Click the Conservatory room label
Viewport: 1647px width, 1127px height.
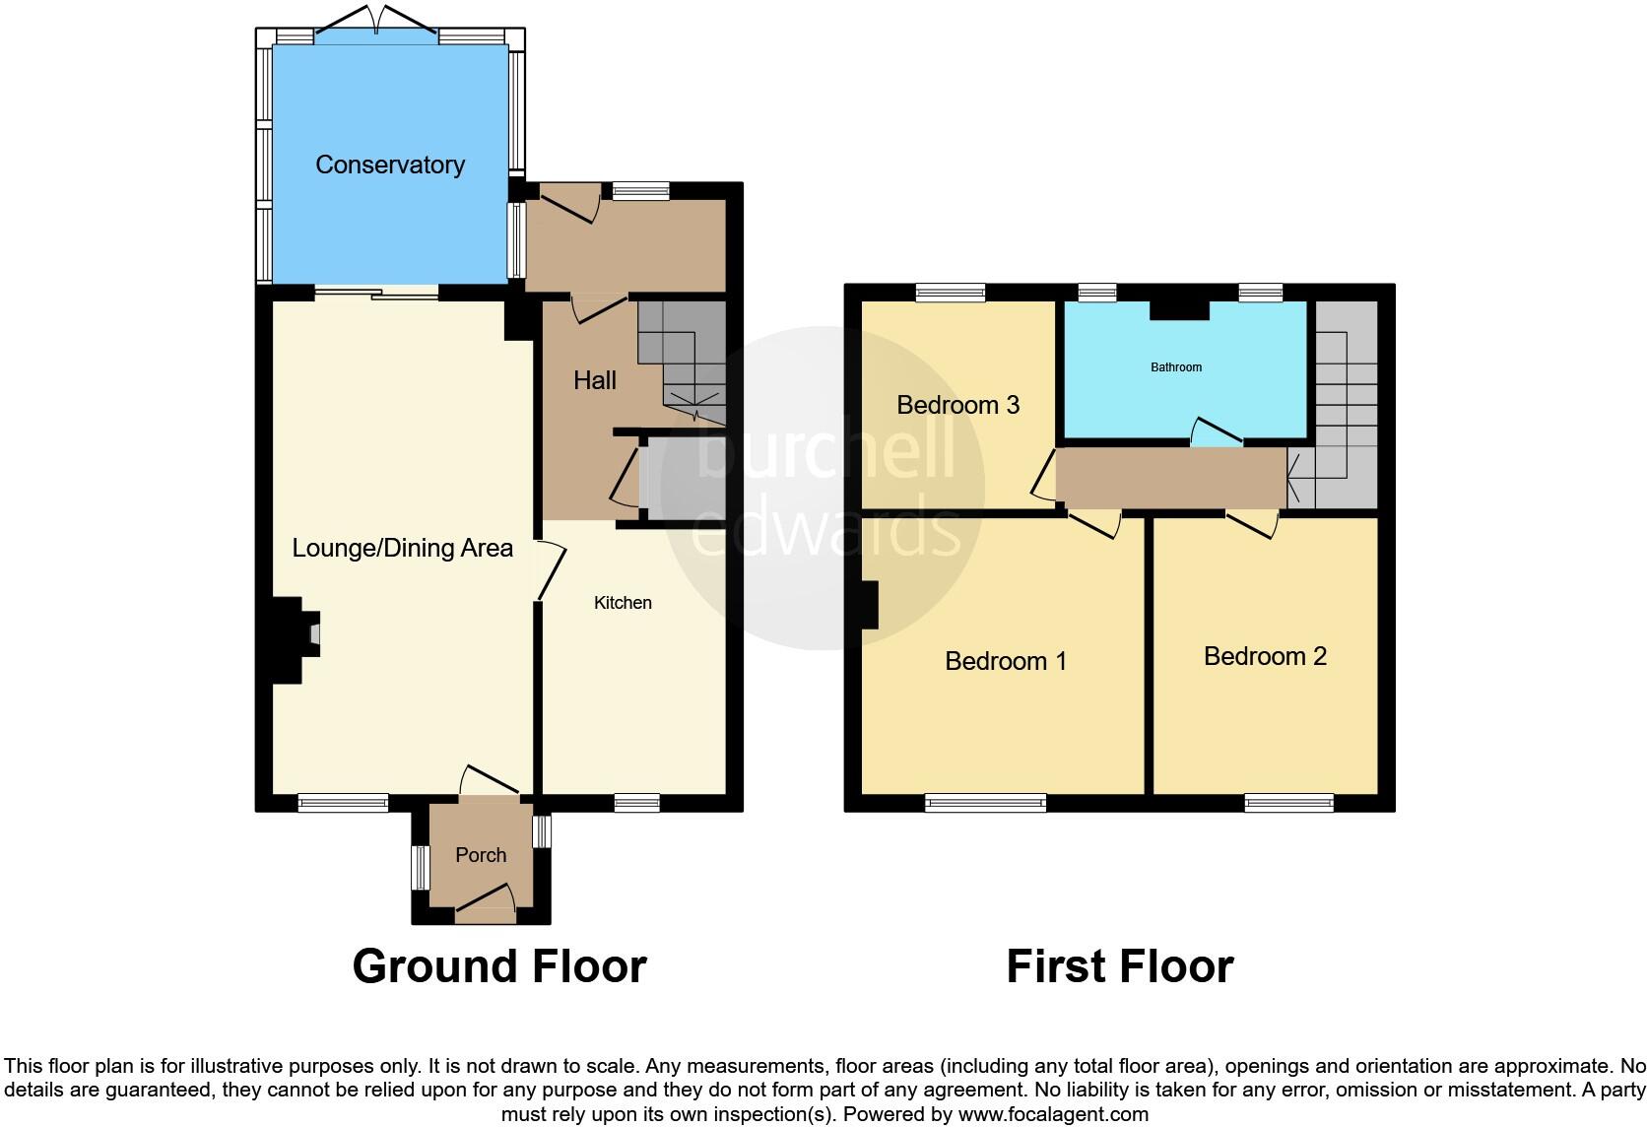pos(390,165)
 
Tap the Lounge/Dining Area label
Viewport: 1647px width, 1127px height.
pos(402,548)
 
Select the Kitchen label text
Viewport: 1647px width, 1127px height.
pos(623,603)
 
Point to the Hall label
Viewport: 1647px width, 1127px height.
pos(595,380)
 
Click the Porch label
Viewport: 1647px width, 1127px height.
pos(481,855)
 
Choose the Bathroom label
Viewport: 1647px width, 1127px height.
pos(1176,367)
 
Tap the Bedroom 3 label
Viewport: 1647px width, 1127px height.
pos(957,405)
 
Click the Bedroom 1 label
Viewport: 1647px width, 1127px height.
pos(1005,661)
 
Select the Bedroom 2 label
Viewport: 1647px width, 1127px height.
pos(1265,656)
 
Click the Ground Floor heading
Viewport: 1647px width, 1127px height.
pos(499,966)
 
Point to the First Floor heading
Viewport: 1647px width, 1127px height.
pos(1119,966)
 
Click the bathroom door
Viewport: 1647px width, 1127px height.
pos(1216,433)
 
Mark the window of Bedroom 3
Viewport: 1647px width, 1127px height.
pos(950,292)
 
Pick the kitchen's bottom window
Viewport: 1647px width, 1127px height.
pos(636,803)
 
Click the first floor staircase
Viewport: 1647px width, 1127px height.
pos(1346,404)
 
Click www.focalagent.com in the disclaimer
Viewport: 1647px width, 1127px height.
pos(1053,1114)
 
